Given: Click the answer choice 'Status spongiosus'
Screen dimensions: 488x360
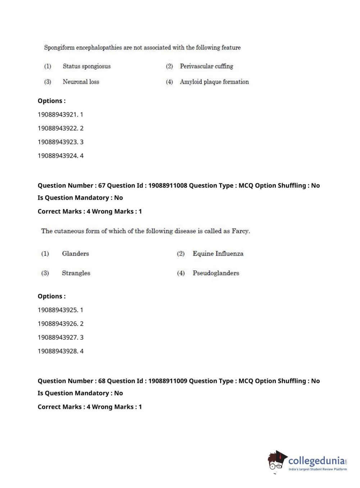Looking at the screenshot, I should click(x=86, y=66).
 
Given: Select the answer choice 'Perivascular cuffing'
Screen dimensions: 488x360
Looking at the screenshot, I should click(x=206, y=66).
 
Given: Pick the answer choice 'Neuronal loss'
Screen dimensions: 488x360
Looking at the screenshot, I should click(x=81, y=82).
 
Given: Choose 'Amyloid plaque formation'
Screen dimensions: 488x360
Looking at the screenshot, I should click(x=214, y=82).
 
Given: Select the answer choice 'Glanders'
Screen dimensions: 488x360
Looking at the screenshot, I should click(x=75, y=253).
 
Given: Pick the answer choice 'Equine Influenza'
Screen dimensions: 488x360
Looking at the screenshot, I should click(x=218, y=253).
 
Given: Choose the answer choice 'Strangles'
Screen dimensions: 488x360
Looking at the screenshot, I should click(x=76, y=273).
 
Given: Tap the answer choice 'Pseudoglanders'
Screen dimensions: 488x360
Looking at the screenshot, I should click(x=216, y=273).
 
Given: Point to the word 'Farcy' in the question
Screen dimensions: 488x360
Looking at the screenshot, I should click(x=240, y=231).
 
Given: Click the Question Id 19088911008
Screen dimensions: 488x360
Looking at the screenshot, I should click(x=168, y=185).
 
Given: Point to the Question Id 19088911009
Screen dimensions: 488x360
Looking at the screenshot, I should click(x=168, y=381).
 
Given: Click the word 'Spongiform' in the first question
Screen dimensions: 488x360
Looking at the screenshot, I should click(x=59, y=48).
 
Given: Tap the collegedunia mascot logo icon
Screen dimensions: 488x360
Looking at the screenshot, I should click(x=277, y=461).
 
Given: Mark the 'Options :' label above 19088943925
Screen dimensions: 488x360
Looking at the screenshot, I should click(x=51, y=296).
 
